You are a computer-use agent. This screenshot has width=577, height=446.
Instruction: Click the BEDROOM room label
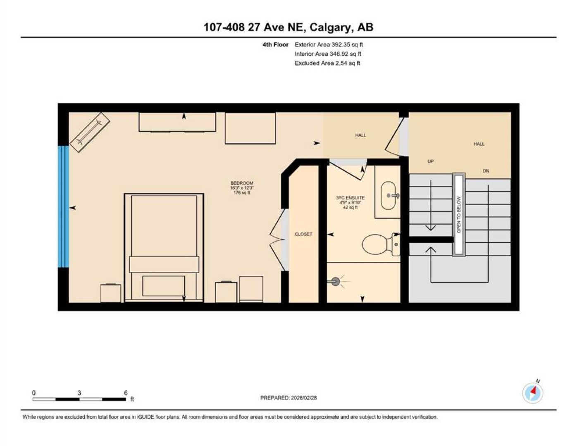pos(242,183)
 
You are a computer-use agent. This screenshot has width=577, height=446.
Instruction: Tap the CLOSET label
pos(303,234)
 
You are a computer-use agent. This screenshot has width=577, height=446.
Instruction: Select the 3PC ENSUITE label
pos(350,198)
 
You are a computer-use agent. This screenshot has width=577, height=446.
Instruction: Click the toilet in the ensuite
pos(381,244)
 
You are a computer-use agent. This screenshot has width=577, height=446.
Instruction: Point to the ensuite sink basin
pos(388,196)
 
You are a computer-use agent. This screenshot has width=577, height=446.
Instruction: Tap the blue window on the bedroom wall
pos(64,206)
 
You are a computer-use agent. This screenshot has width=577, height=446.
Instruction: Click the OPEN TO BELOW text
pos(458,215)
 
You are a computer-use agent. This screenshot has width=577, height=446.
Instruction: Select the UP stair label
pos(430,161)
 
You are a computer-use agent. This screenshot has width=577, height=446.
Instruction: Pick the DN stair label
pos(486,171)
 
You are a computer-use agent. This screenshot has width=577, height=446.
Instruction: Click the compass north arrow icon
pos(532,393)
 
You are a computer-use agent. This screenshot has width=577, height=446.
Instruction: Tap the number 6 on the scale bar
pos(126,393)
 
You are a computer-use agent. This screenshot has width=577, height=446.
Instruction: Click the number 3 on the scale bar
pos(79,393)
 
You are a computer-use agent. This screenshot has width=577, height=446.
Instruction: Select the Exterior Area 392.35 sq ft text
pos(329,45)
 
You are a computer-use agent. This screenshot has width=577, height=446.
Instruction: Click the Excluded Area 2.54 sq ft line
pos(327,63)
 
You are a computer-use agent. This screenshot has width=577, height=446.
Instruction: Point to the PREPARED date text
pos(288,398)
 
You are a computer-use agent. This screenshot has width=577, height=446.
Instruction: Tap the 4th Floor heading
pos(275,45)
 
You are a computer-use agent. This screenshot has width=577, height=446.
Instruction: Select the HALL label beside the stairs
pos(479,144)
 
